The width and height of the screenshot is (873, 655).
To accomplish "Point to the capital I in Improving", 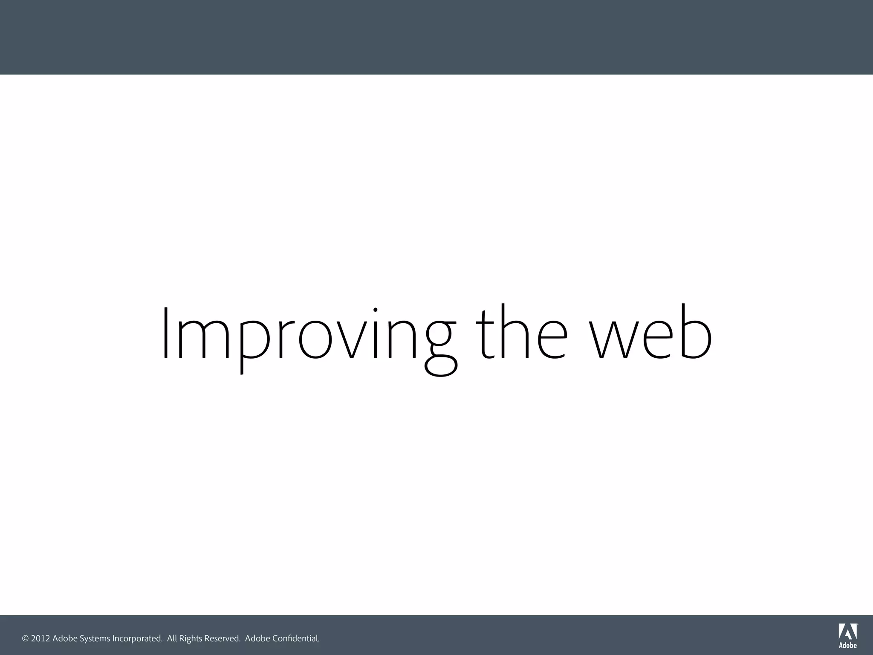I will coord(166,333).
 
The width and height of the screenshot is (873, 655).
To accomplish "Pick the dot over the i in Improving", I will coord(376,310).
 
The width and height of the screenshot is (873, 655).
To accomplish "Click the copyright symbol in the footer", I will coord(25,639).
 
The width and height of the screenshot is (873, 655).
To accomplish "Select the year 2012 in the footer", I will coord(40,639).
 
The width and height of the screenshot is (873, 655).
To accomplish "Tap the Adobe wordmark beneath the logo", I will coord(847,646).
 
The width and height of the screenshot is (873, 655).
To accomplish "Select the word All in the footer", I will coord(172,639).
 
